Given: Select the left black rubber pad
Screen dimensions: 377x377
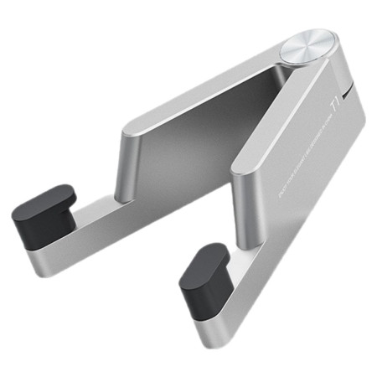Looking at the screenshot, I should tap(43, 215).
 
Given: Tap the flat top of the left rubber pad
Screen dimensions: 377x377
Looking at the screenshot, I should tap(49, 199).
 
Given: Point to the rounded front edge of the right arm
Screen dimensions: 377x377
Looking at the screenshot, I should tap(239, 201).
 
